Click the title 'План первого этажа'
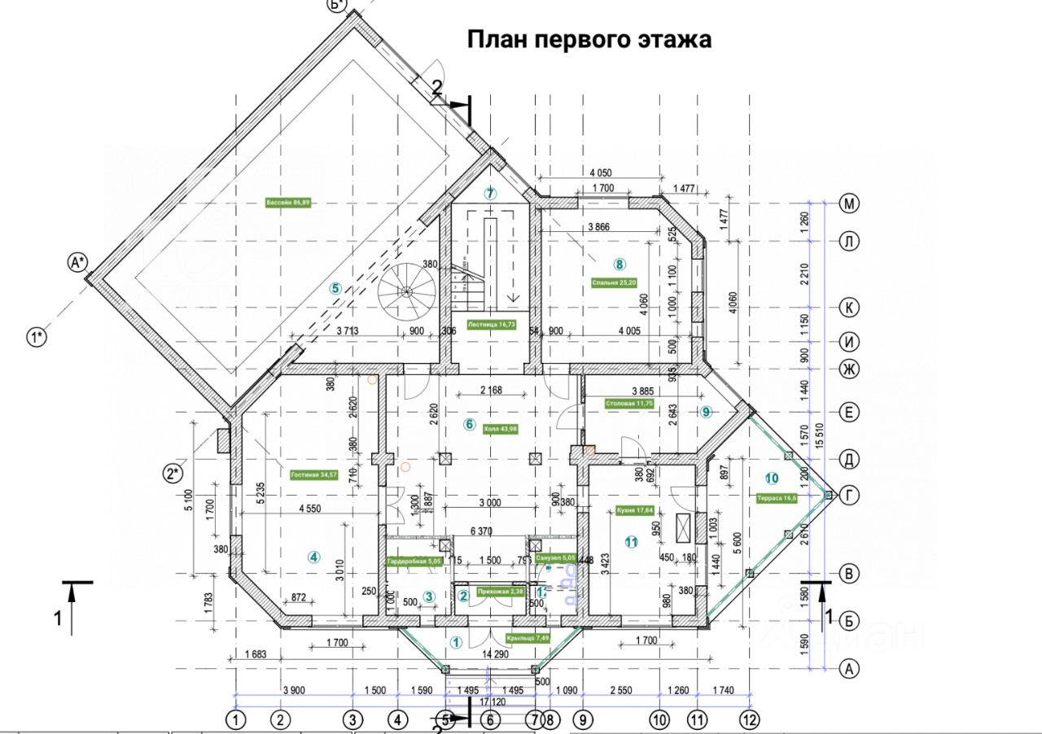click(589, 40)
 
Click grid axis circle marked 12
click(749, 719)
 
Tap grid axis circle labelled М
click(849, 203)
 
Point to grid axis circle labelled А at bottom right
click(849, 668)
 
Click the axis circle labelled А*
click(77, 262)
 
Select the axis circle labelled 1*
click(37, 336)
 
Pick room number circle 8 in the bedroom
click(620, 264)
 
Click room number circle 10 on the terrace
click(772, 478)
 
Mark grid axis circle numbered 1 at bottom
click(236, 719)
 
